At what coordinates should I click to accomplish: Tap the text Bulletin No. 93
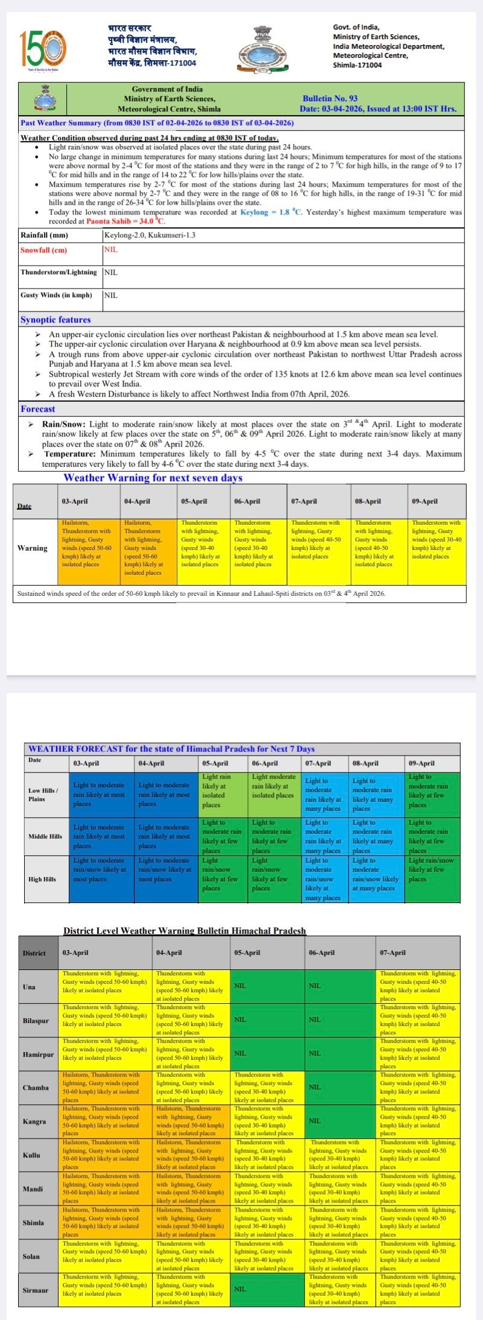pos(330,98)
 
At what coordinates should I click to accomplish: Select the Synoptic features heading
pos(55,320)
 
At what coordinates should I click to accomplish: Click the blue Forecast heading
pos(37,409)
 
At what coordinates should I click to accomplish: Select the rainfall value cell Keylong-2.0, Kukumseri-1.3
pos(150,235)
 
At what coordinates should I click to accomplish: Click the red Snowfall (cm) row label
pos(43,250)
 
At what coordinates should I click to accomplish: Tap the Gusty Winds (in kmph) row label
pos(57,295)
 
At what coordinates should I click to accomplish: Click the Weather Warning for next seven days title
pos(153,478)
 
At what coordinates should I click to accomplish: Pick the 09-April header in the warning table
pos(425,501)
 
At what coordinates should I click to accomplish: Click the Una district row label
pos(29,987)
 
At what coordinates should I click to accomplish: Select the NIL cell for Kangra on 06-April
pos(315,1121)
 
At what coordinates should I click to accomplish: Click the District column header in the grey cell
pos(34,952)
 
